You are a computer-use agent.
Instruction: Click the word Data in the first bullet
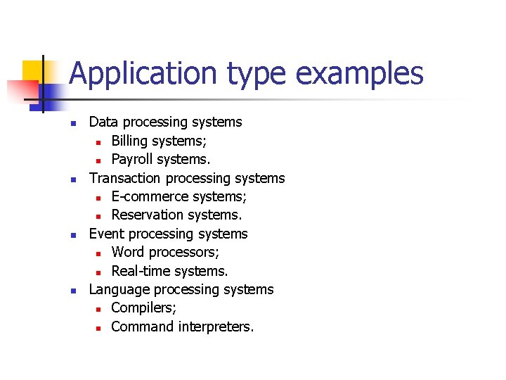click(x=103, y=122)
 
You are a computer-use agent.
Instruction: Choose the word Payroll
click(x=133, y=159)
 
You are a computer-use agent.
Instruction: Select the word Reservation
click(x=146, y=215)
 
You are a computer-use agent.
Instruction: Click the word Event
click(x=106, y=234)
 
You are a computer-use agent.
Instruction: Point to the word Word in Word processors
click(x=127, y=252)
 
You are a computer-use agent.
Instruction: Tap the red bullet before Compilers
click(x=100, y=309)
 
